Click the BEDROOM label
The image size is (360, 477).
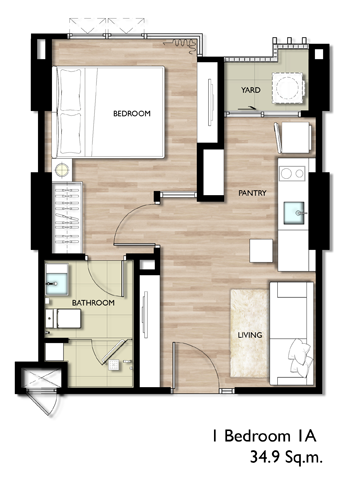[132, 114]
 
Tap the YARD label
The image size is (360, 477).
[251, 90]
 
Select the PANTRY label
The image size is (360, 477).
[252, 193]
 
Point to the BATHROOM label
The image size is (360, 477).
[93, 303]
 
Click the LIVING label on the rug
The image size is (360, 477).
[250, 335]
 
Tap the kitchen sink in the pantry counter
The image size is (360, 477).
[294, 213]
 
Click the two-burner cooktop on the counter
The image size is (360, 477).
[292, 173]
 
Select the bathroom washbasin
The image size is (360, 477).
[57, 284]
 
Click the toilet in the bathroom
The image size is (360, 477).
[63, 318]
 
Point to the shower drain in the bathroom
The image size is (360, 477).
[114, 364]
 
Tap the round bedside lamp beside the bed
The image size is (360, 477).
[62, 170]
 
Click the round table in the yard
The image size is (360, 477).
[287, 88]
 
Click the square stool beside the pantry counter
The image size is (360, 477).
[262, 251]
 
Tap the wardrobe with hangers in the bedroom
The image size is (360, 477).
[67, 217]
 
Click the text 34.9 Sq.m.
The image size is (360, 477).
[286, 458]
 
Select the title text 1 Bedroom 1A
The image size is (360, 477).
[265, 436]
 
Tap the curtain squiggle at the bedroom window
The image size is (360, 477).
[183, 45]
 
